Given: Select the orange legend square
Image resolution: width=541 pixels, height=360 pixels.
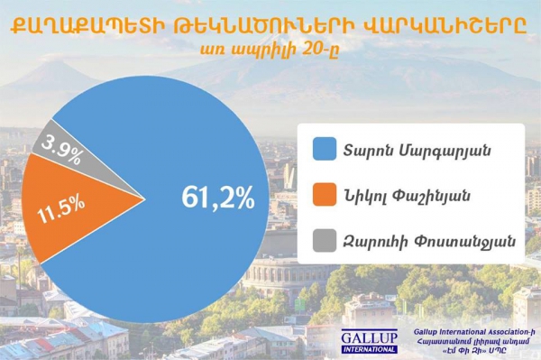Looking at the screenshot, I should pos(322,194).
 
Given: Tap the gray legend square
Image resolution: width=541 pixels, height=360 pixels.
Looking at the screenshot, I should pos(322,240).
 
